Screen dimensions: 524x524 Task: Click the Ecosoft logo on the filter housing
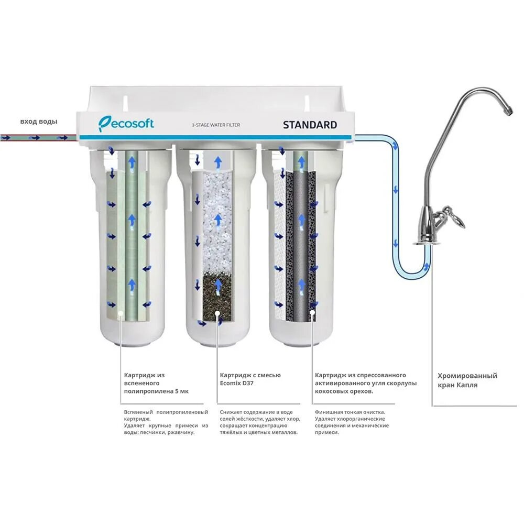[x=126, y=124]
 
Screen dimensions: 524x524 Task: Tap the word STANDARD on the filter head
[x=310, y=125]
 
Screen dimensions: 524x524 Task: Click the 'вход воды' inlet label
[x=39, y=122]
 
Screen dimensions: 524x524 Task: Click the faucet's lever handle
[x=454, y=216]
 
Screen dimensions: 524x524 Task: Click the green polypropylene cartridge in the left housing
[x=132, y=236]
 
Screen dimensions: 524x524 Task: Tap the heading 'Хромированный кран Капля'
[x=467, y=380]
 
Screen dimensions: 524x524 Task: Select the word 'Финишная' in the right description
[x=329, y=412]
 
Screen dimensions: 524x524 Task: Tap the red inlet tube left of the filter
[x=37, y=138]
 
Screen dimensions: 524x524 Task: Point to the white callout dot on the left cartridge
[x=121, y=313]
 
